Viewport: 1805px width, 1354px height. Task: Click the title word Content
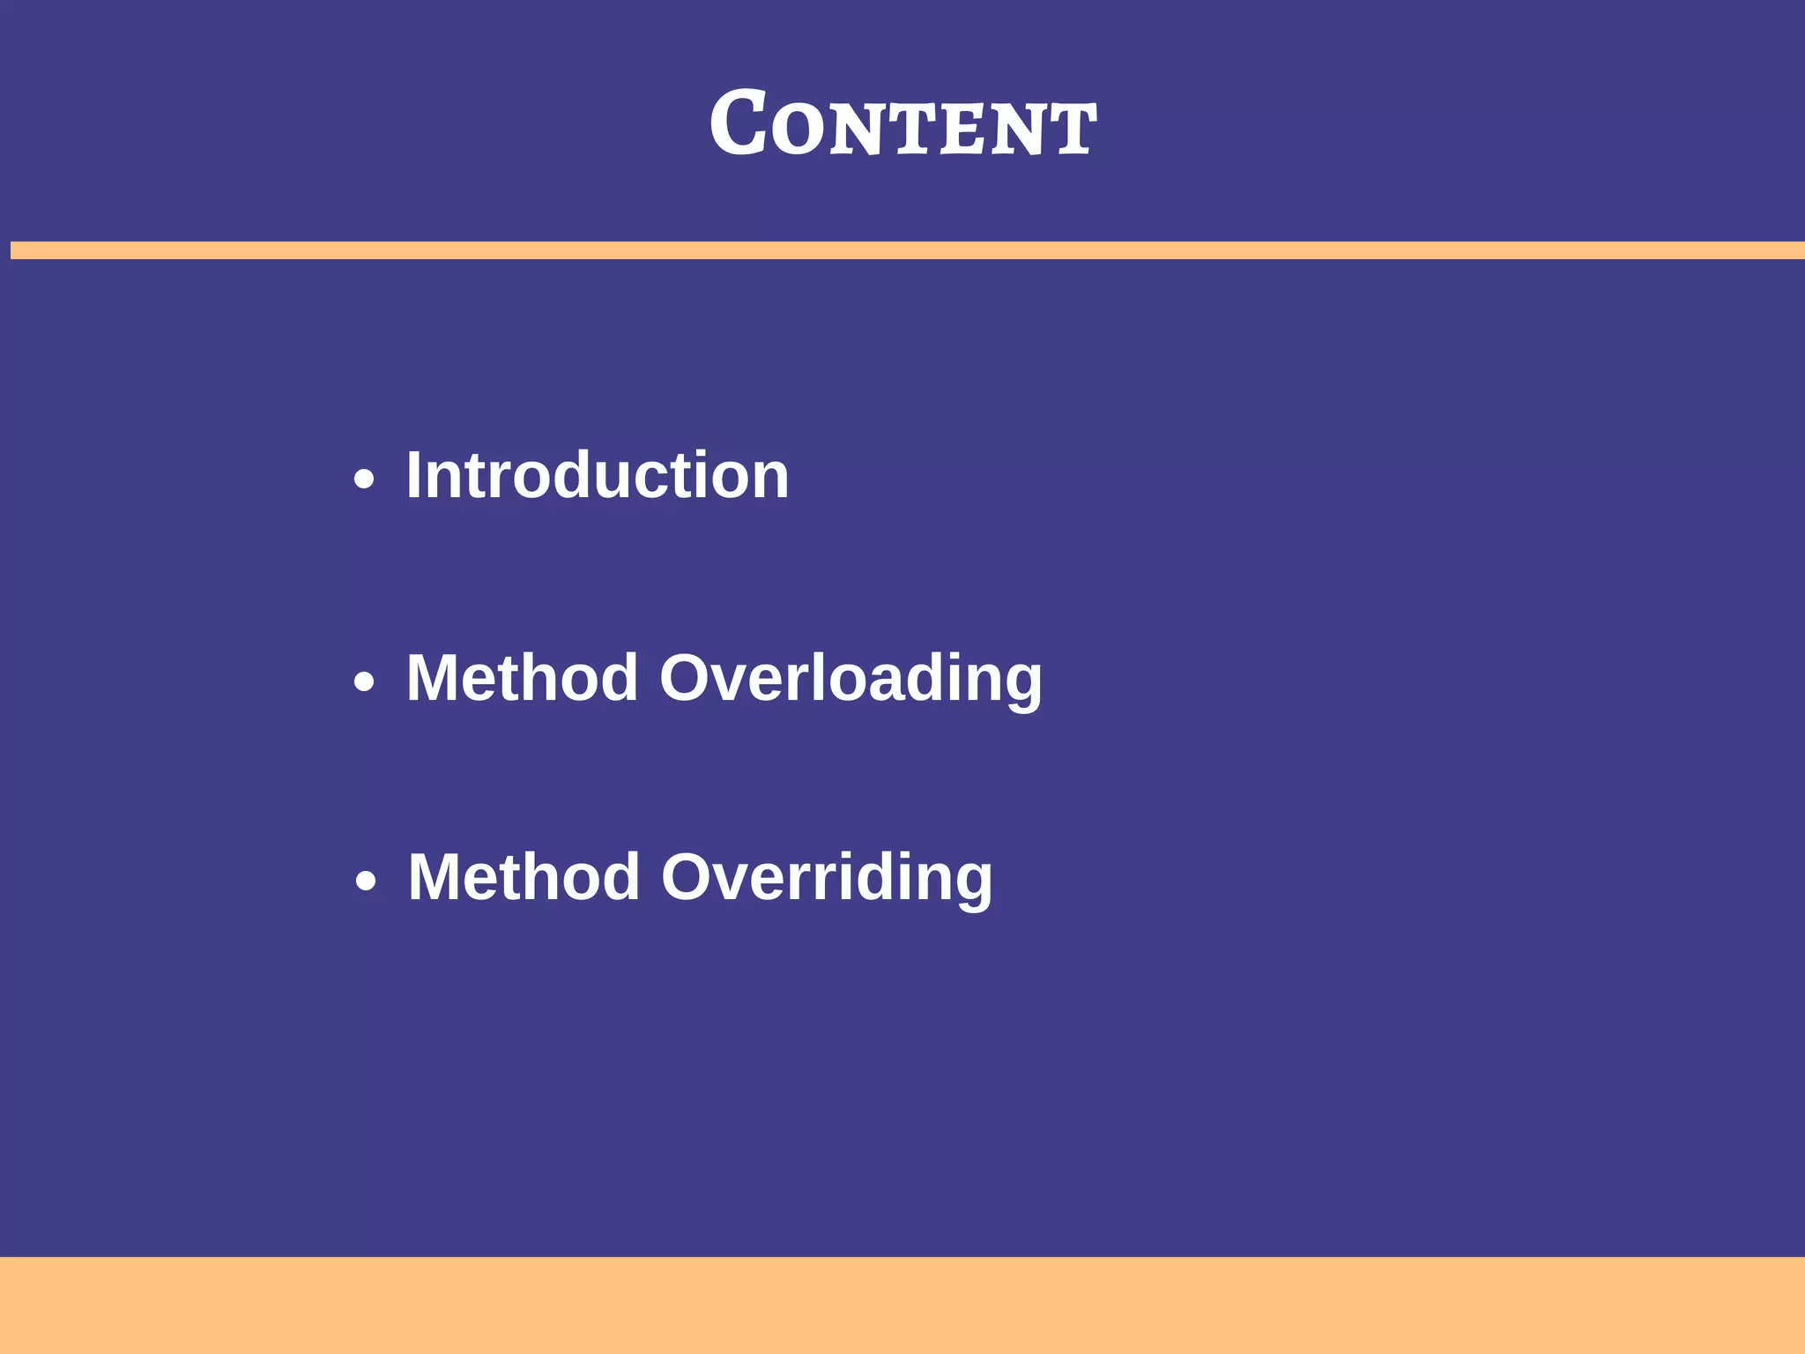tap(902, 125)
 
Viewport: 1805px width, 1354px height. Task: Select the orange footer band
tap(902, 1305)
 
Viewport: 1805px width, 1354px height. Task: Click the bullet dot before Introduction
tap(364, 480)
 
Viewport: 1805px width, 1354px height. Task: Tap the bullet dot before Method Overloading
tap(364, 682)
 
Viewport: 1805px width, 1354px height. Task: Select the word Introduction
tap(597, 476)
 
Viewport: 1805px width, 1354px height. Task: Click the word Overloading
tap(851, 679)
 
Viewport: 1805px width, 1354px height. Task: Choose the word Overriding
tap(827, 878)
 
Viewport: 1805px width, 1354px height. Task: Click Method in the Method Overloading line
tap(522, 679)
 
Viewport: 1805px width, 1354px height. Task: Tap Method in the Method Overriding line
tap(524, 878)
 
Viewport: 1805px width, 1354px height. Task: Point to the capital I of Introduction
tap(413, 476)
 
